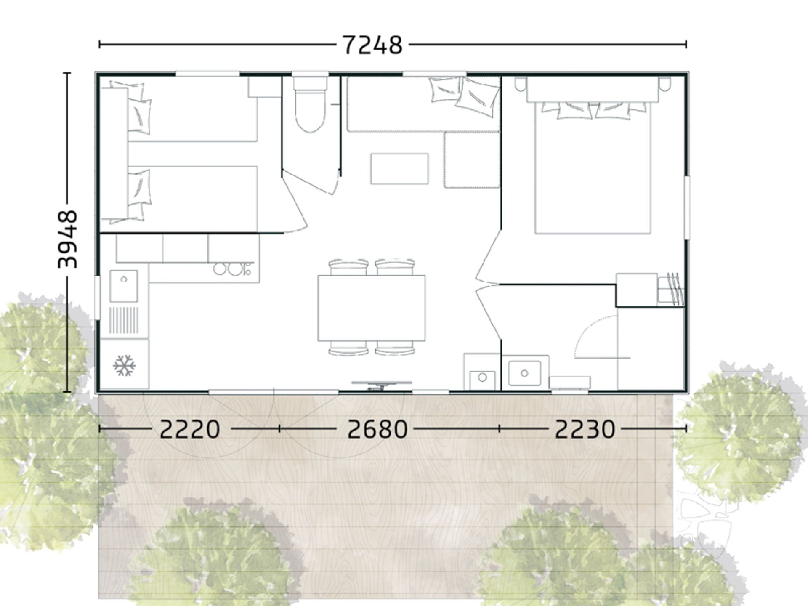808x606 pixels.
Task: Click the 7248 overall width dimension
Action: click(x=373, y=45)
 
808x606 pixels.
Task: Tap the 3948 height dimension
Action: click(x=68, y=239)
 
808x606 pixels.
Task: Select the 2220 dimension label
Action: click(x=190, y=429)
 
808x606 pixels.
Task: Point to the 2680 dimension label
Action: click(x=377, y=429)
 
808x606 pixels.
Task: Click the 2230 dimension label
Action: click(x=585, y=429)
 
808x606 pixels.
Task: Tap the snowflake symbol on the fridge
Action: click(x=125, y=365)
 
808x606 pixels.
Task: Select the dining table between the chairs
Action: click(x=372, y=308)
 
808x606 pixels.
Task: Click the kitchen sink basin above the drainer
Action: click(x=124, y=286)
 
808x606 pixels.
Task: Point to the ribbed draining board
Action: click(x=124, y=320)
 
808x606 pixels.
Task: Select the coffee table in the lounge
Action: click(x=399, y=169)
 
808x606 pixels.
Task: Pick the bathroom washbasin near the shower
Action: click(x=525, y=373)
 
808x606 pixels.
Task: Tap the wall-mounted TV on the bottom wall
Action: click(x=382, y=385)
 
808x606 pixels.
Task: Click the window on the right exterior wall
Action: click(x=687, y=207)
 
